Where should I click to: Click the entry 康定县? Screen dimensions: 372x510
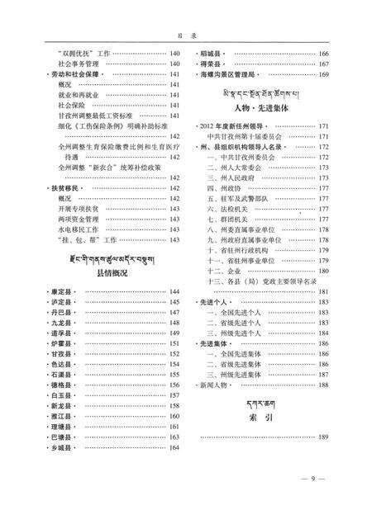pyautogui.click(x=60, y=292)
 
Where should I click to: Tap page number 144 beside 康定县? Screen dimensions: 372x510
pyautogui.click(x=174, y=292)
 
